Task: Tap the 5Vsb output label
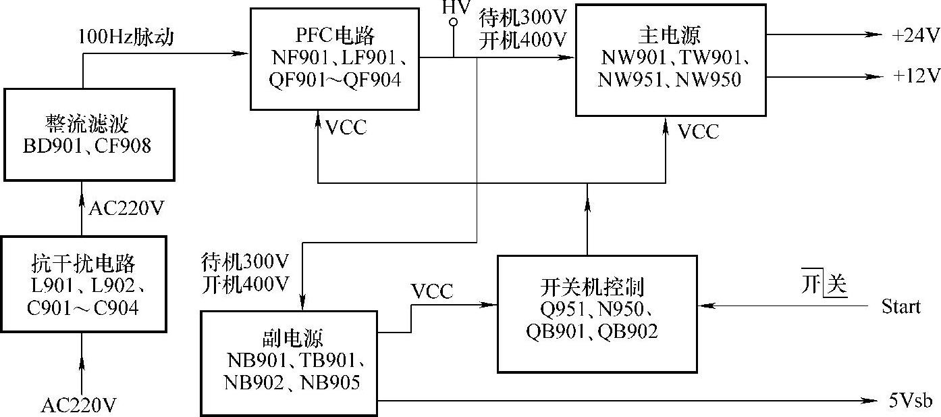pyautogui.click(x=910, y=401)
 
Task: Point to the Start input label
pyautogui.click(x=900, y=307)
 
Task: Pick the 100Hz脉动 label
pyautogui.click(x=126, y=36)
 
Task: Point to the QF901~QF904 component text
pyautogui.click(x=334, y=80)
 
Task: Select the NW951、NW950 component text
pyautogui.click(x=670, y=80)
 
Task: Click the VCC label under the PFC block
pyautogui.click(x=346, y=127)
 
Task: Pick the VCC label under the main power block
pyautogui.click(x=698, y=131)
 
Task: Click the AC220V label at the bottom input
pyautogui.click(x=79, y=405)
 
